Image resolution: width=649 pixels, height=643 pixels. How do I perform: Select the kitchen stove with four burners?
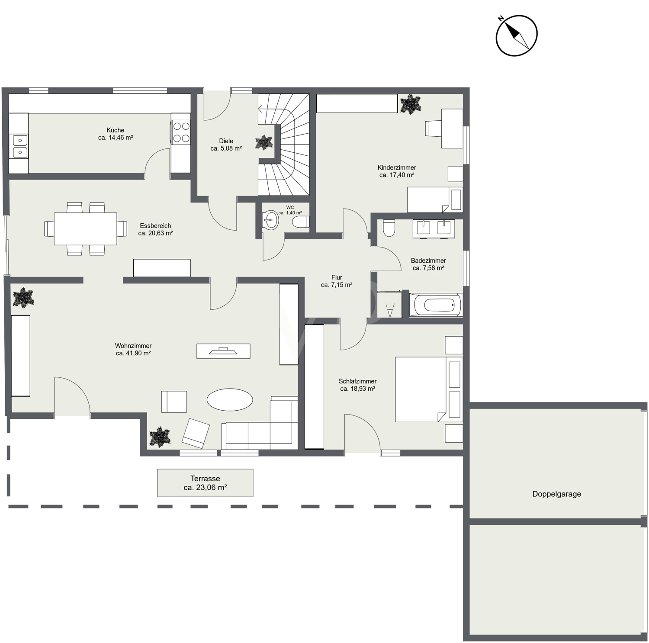(181, 132)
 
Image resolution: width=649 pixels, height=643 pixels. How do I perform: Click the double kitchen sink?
(20, 146)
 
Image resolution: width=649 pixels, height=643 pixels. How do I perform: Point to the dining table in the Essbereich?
(85, 228)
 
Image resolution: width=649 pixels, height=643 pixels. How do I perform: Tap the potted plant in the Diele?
(263, 142)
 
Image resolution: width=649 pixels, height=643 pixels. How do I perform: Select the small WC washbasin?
(271, 220)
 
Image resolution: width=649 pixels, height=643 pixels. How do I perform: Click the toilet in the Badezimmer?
(389, 228)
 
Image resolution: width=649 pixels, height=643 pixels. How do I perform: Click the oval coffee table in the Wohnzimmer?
(230, 399)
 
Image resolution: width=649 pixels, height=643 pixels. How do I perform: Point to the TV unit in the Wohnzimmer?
(223, 351)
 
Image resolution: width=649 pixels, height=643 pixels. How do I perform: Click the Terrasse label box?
(205, 483)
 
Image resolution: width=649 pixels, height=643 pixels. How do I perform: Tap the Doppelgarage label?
(556, 494)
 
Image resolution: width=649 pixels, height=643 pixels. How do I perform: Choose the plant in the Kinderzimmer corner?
(410, 104)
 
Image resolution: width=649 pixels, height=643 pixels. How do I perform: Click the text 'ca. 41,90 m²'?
(133, 353)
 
